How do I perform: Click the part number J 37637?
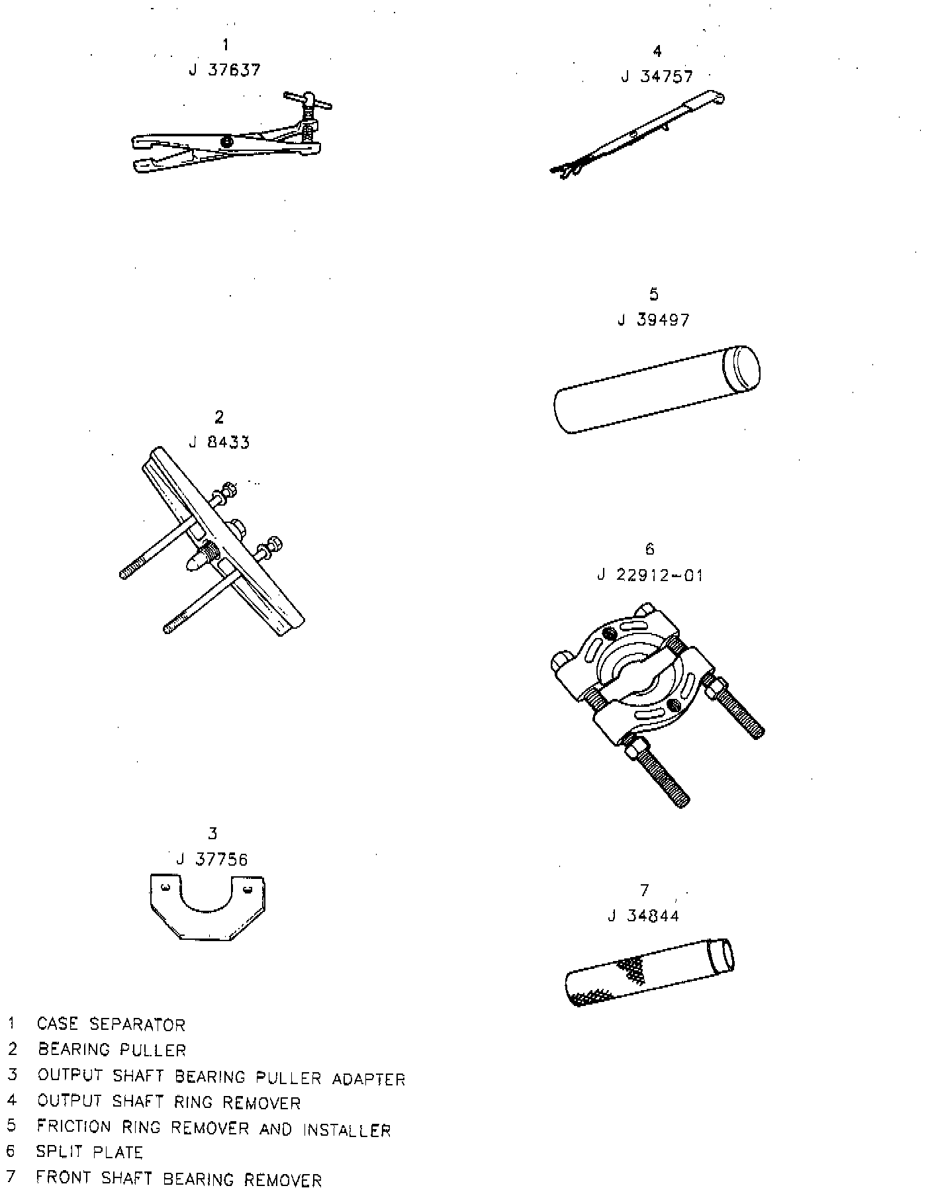coord(224,70)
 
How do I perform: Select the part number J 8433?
coord(219,442)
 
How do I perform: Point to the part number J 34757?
coord(657,77)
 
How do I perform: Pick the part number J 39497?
coord(653,320)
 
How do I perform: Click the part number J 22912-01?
coord(649,575)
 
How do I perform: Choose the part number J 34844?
coord(643,916)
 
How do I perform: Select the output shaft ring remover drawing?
coord(635,136)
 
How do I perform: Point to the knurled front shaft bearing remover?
coord(649,972)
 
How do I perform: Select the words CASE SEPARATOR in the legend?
coord(111,1025)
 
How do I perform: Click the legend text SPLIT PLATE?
coord(89,1152)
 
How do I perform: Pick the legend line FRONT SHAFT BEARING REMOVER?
coord(179,1179)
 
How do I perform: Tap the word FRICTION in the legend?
coord(73,1126)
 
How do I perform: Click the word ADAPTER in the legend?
coord(368,1079)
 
